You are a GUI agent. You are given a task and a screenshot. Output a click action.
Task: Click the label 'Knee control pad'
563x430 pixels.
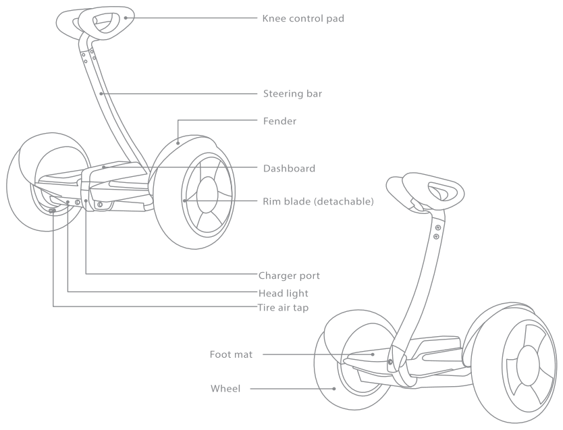(x=303, y=18)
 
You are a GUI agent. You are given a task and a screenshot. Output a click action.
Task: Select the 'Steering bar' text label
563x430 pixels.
(x=292, y=93)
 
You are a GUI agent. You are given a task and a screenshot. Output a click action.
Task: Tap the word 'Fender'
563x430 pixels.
(x=279, y=122)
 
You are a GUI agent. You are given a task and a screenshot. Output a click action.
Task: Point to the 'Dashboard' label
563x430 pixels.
(x=289, y=168)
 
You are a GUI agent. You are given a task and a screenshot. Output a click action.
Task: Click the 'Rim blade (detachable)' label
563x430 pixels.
(x=318, y=201)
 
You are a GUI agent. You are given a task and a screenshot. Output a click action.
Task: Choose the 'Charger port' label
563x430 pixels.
(x=289, y=275)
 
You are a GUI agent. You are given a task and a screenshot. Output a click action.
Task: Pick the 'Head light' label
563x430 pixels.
(x=283, y=294)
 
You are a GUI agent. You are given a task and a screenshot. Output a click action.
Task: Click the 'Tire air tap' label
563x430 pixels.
(x=286, y=308)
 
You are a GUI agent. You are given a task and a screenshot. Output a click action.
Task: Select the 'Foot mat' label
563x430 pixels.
(x=231, y=354)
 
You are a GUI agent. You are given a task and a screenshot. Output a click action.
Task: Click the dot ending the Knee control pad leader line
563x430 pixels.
(x=125, y=18)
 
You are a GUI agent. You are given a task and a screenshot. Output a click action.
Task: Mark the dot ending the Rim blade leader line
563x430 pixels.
(x=184, y=200)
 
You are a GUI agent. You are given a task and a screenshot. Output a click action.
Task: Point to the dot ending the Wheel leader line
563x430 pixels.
(x=336, y=388)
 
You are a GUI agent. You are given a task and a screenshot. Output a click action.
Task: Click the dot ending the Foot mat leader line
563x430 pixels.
(x=372, y=354)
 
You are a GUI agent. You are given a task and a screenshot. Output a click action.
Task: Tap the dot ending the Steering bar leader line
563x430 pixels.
(x=101, y=93)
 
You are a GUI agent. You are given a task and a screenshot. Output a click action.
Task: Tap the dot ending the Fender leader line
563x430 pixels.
(x=178, y=142)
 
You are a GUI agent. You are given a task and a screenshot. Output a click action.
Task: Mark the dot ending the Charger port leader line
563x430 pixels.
(x=86, y=201)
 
